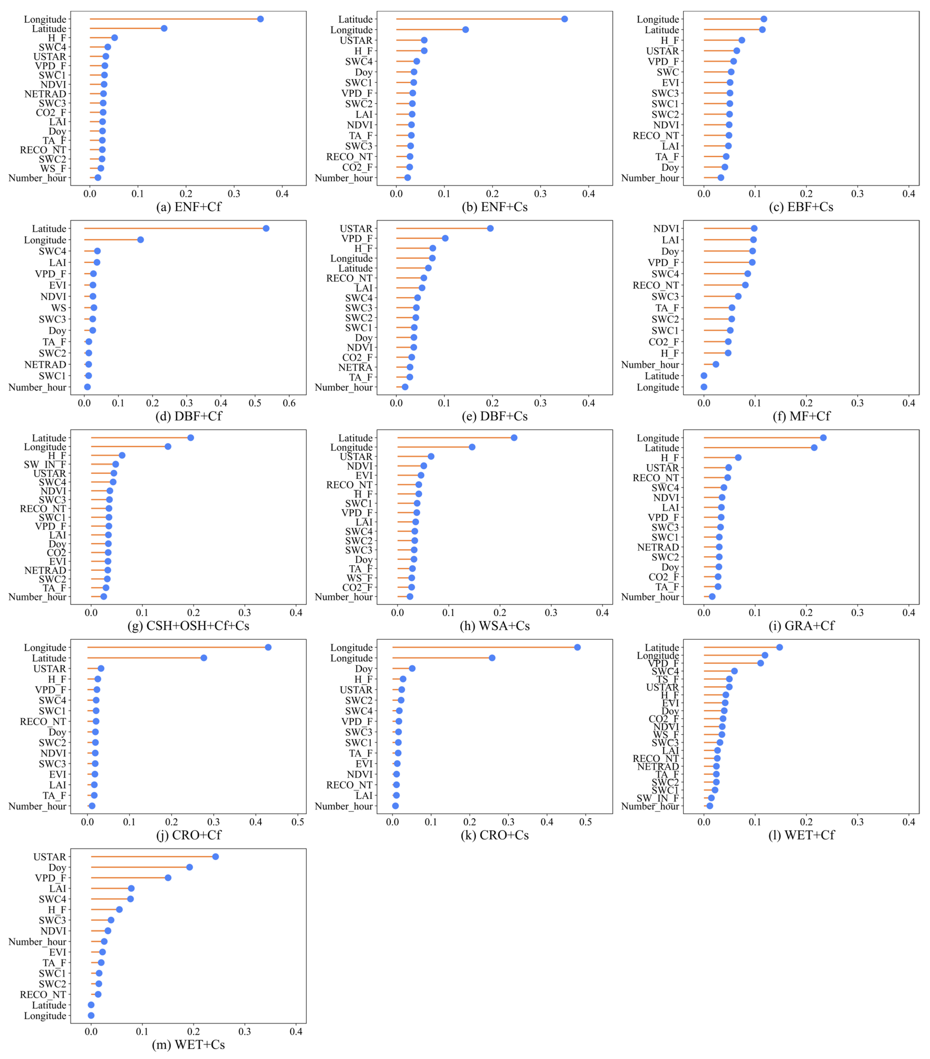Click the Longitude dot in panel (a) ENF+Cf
(260, 19)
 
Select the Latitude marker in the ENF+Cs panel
(564, 19)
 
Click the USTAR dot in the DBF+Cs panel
(490, 228)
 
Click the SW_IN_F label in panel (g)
(45, 464)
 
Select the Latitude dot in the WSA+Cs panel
(514, 438)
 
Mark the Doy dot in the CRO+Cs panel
(412, 668)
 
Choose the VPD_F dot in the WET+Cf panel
(760, 663)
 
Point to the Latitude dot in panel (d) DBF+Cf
(266, 228)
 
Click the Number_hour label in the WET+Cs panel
(37, 941)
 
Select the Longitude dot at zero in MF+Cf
(704, 387)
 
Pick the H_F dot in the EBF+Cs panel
(742, 40)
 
